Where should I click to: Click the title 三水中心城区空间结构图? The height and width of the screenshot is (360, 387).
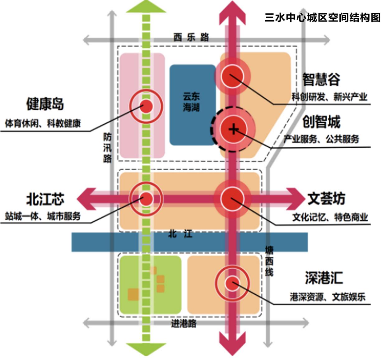click(323, 17)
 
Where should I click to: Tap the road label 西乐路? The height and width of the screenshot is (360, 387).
click(191, 38)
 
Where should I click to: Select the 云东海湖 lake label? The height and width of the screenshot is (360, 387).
click(191, 102)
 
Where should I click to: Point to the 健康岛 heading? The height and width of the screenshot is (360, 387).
click(45, 104)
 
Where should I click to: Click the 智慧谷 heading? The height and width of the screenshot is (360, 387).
click(321, 80)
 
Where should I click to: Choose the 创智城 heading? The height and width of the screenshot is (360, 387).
click(321, 122)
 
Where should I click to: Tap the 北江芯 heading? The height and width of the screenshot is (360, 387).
click(45, 199)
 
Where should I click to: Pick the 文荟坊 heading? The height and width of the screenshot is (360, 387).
click(326, 199)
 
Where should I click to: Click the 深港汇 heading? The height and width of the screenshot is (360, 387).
click(324, 278)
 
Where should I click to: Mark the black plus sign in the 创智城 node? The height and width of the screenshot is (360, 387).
click(233, 129)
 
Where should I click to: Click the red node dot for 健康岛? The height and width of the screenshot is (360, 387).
click(146, 106)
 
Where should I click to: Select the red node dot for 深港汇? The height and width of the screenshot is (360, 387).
click(232, 283)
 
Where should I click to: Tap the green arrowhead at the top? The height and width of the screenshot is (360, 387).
click(146, 7)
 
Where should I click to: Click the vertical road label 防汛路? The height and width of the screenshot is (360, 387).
click(107, 148)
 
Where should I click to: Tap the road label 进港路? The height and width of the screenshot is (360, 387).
click(184, 324)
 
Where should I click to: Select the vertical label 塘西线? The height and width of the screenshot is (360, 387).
click(269, 261)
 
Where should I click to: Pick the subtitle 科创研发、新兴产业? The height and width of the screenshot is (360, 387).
click(329, 97)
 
